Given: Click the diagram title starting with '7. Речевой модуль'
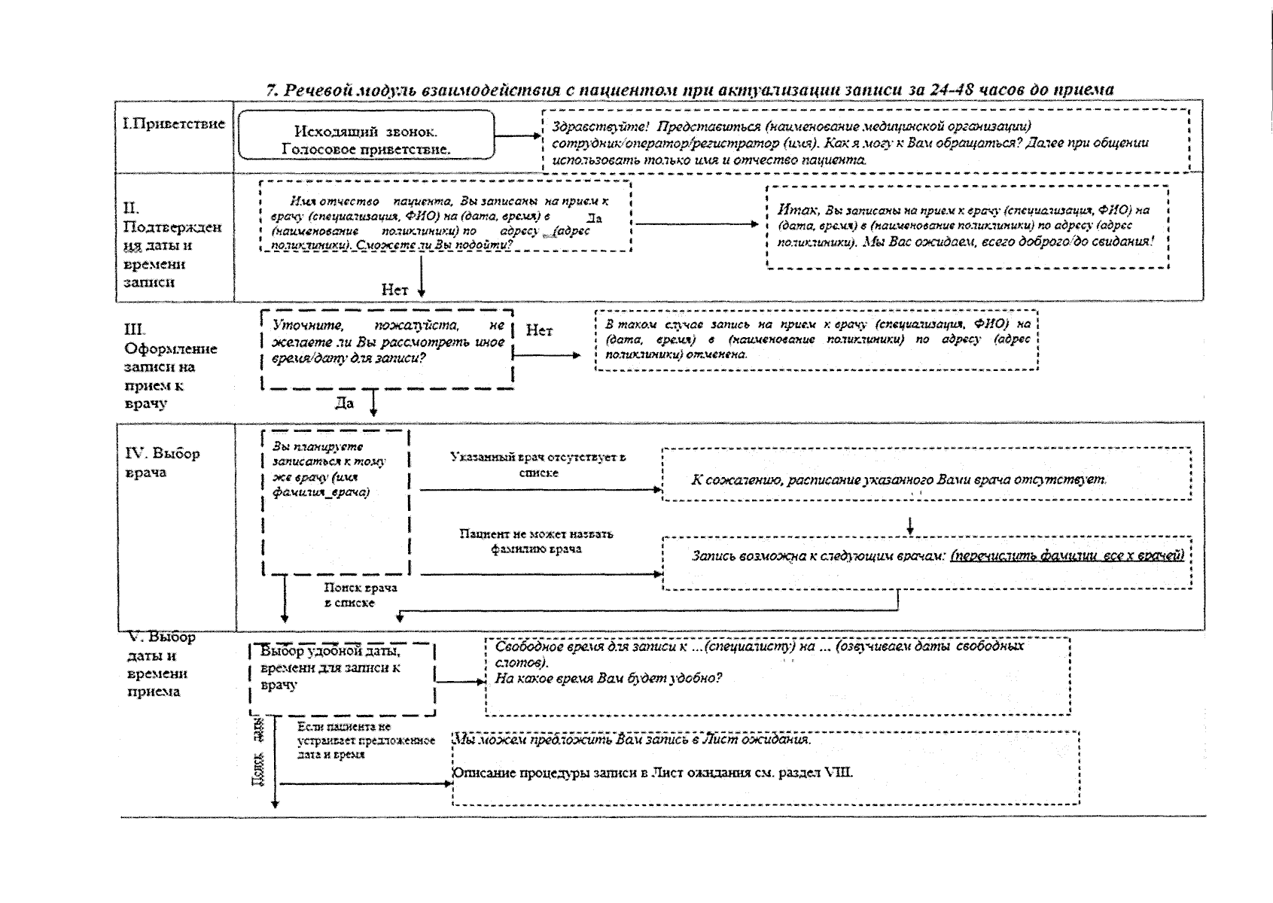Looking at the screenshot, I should (x=690, y=90).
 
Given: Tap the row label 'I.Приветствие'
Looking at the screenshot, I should (x=174, y=124).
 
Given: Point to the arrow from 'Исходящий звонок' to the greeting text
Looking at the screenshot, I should (x=519, y=136).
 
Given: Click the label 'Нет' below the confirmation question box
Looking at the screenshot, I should (x=394, y=290).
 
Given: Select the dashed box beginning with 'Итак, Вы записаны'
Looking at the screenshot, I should (x=967, y=227).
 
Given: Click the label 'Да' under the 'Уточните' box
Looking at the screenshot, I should (x=344, y=403).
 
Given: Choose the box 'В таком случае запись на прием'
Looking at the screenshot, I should (x=817, y=339).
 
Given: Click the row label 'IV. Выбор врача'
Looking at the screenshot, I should (x=162, y=462).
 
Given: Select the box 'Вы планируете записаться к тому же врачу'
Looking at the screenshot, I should (x=335, y=502).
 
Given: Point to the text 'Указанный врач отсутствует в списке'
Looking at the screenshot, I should (x=538, y=464).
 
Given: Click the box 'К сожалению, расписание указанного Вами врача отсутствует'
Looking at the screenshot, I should (x=926, y=474).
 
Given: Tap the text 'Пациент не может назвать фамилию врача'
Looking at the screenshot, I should (x=536, y=541).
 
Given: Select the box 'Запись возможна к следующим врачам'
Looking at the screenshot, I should (x=926, y=562).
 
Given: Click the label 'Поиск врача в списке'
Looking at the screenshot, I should (x=360, y=594).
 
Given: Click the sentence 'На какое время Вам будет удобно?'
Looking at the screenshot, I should (x=608, y=678).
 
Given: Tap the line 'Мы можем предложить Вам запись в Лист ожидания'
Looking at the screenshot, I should (x=631, y=739).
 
